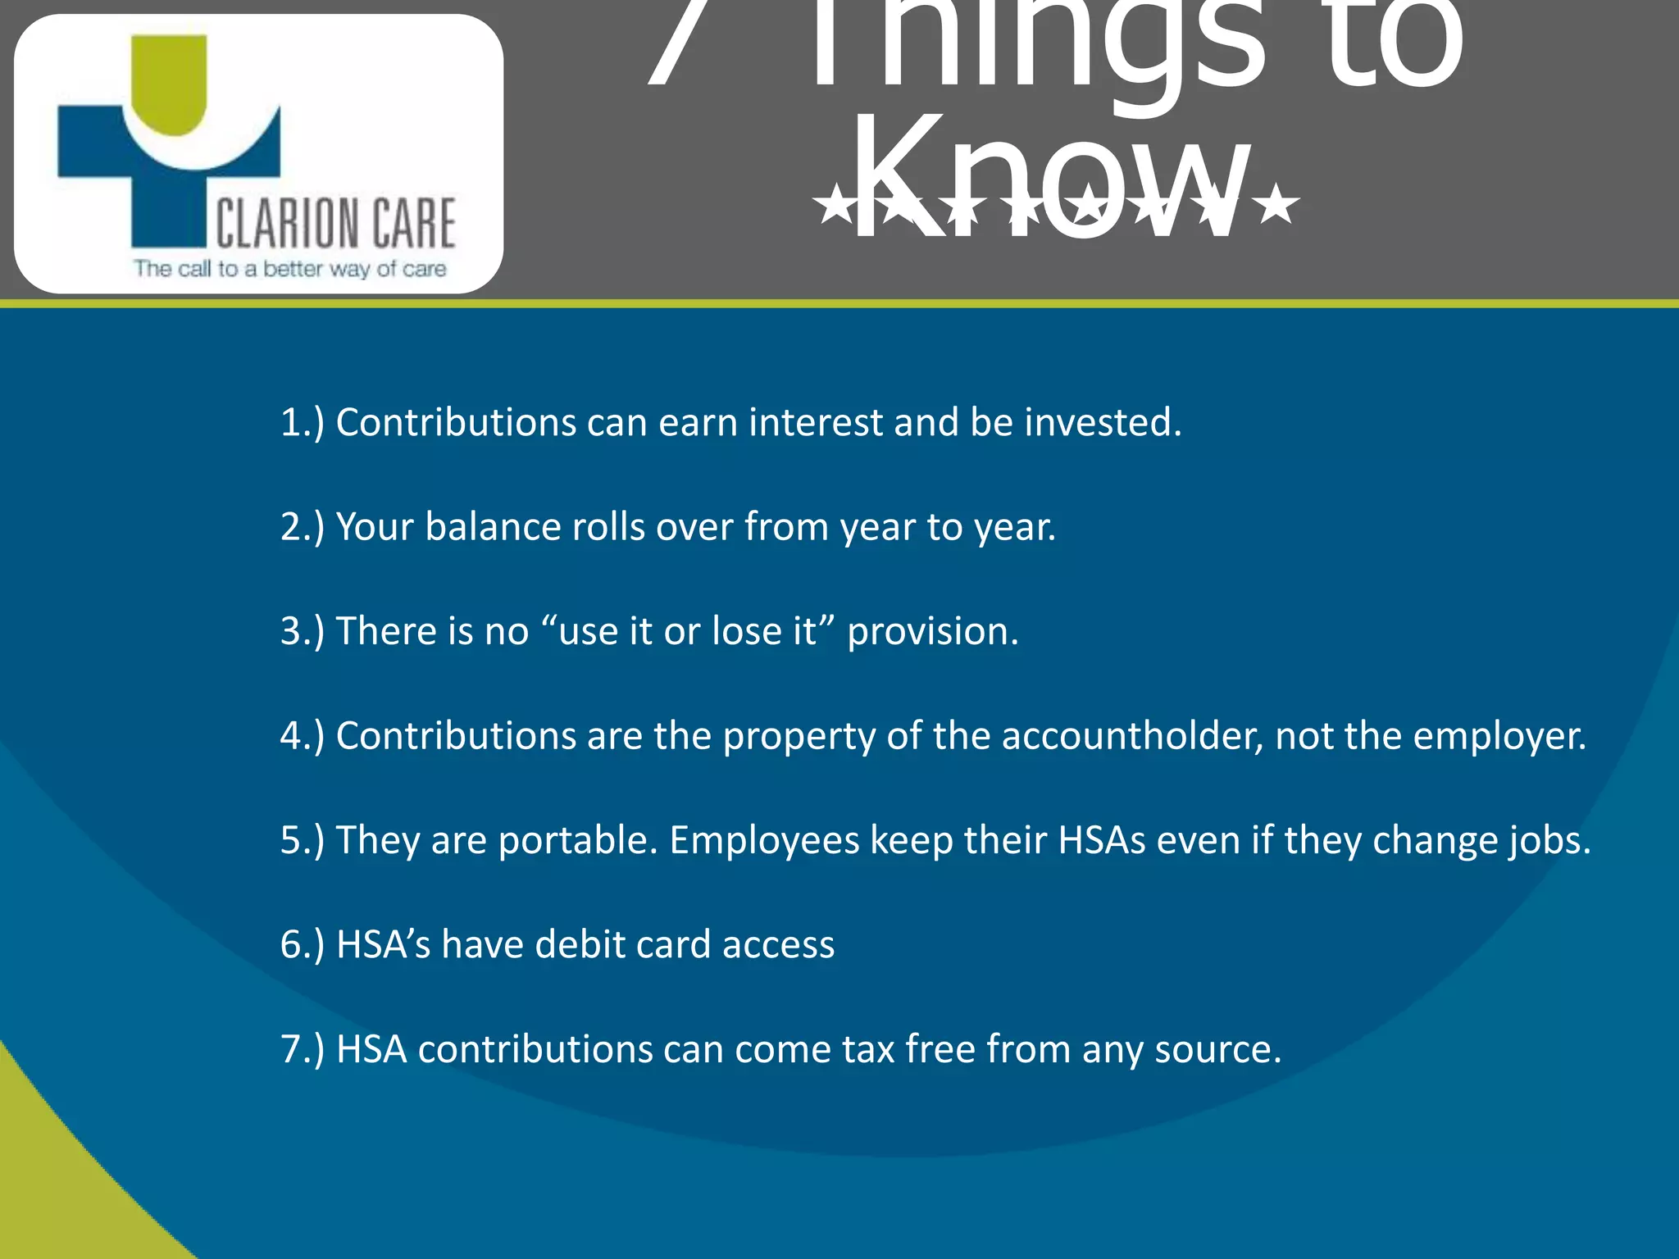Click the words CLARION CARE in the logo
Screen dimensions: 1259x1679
coord(335,223)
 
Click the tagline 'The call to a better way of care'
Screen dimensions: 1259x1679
coord(290,269)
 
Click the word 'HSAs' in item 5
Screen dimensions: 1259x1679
coord(1100,841)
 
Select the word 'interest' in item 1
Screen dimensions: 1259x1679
coord(815,423)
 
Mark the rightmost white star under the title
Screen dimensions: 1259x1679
coord(1276,205)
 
